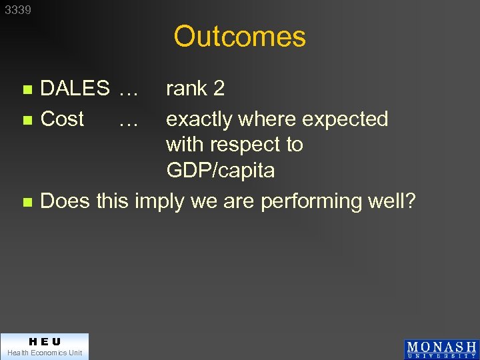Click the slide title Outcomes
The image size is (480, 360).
pyautogui.click(x=239, y=37)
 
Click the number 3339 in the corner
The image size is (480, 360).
pyautogui.click(x=18, y=10)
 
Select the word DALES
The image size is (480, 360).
pyautogui.click(x=75, y=88)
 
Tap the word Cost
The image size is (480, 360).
pyautogui.click(x=62, y=119)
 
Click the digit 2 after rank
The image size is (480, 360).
pyautogui.click(x=219, y=88)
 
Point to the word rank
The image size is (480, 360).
pyautogui.click(x=186, y=89)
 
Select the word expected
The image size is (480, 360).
pyautogui.click(x=345, y=119)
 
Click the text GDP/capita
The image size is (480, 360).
pyautogui.click(x=220, y=171)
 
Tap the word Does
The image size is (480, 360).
pyautogui.click(x=65, y=201)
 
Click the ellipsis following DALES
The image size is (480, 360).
pyautogui.click(x=127, y=90)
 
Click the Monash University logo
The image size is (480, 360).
pyautogui.click(x=441, y=349)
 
